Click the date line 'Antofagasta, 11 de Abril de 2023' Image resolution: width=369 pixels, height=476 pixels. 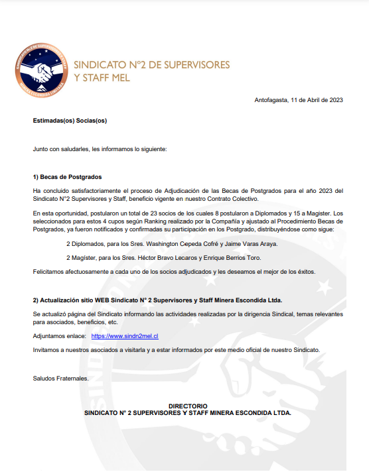pyautogui.click(x=299, y=100)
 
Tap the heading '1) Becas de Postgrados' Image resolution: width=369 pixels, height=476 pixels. pyautogui.click(x=67, y=177)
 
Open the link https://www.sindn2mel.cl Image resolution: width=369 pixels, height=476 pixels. pyautogui.click(x=125, y=337)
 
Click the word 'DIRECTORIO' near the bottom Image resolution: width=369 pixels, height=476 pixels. pyautogui.click(x=188, y=406)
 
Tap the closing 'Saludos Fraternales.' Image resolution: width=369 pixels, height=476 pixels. pyautogui.click(x=60, y=379)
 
